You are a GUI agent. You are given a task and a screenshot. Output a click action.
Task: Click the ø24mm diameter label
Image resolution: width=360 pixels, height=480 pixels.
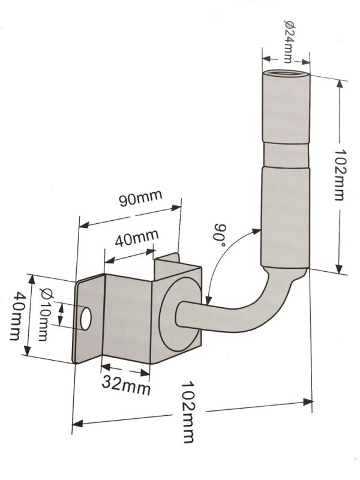tap(289, 41)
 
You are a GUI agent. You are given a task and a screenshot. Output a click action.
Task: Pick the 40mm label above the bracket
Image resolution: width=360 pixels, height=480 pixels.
tap(137, 238)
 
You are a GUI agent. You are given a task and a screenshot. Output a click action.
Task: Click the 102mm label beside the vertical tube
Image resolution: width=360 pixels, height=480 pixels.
tap(339, 175)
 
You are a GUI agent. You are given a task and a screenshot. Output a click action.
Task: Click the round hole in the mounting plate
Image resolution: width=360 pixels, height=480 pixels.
tap(86, 319)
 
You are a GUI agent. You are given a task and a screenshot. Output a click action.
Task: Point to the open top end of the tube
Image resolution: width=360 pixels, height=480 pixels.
tap(286, 73)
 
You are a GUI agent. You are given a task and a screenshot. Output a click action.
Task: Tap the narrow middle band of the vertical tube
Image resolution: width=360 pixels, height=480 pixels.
tap(286, 155)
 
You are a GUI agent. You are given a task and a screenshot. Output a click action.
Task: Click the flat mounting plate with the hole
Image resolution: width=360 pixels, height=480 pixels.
tap(89, 319)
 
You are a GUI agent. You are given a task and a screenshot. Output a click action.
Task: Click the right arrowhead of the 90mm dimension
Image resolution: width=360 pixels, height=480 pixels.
tap(176, 208)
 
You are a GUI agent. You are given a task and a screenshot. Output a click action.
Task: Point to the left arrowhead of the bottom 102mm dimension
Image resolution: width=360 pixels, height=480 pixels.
tap(78, 424)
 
